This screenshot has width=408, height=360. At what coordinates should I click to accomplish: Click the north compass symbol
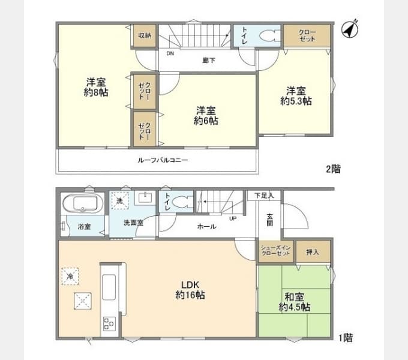pos(350,29)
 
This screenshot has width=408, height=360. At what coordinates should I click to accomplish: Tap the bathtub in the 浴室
pos(84,204)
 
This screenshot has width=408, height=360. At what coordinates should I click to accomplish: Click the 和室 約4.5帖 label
pos(294,302)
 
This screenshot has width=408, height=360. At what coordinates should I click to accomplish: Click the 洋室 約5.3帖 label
pos(295,96)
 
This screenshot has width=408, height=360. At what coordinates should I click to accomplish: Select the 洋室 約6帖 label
pos(205,115)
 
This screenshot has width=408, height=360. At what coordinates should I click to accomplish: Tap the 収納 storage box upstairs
pos(145,35)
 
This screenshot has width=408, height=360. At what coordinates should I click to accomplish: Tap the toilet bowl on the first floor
pos(181,203)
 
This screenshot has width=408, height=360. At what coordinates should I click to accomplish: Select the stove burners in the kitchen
pos(109,324)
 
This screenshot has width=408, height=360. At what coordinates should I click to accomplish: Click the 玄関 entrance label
pos(270,220)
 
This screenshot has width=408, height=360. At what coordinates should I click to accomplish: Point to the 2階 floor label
pos(333,169)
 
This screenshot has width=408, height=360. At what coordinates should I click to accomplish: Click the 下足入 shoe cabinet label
pos(263,196)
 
